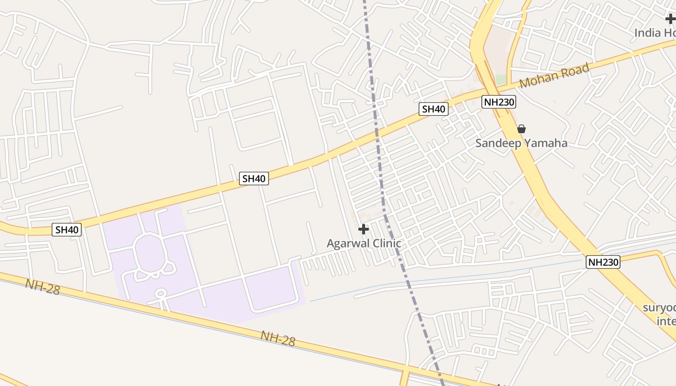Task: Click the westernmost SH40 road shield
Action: tap(67, 230)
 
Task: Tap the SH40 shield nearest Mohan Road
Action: tap(433, 109)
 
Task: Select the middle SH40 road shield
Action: tap(254, 179)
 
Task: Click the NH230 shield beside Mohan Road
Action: tap(499, 102)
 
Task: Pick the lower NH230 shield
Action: tap(603, 262)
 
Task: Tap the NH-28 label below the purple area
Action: tap(278, 338)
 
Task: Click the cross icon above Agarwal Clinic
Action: tap(364, 229)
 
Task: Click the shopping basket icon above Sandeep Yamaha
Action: tap(521, 129)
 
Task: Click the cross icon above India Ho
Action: tap(670, 19)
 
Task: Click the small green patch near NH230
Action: tap(501, 79)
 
